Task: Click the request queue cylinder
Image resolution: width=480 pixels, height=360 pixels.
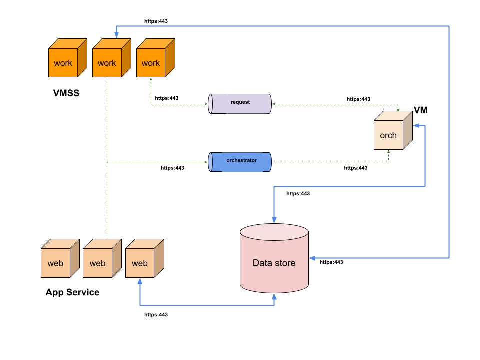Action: point(240,104)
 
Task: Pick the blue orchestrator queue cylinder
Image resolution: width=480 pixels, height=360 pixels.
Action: point(240,162)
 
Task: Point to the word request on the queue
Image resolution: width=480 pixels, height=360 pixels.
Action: point(240,102)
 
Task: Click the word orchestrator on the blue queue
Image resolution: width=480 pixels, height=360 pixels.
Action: point(241,160)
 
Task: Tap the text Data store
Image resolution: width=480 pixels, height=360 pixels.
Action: point(274,263)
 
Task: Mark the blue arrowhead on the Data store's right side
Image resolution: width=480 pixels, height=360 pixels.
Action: point(312,258)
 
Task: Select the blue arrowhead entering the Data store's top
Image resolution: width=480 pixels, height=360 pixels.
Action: point(274,220)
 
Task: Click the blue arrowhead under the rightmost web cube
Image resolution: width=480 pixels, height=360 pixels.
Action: point(140,281)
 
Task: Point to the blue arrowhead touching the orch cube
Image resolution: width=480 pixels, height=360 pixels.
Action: point(416,125)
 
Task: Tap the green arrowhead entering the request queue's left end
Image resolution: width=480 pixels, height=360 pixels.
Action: point(206,104)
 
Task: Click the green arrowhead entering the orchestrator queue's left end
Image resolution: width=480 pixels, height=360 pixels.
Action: point(206,162)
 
